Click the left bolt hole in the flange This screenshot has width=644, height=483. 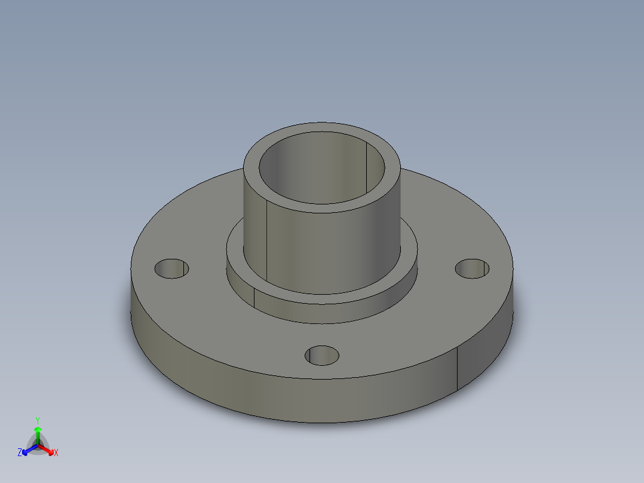[x=171, y=268]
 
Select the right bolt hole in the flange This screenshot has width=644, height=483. [x=472, y=268]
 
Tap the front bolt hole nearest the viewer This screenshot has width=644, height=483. [x=322, y=356]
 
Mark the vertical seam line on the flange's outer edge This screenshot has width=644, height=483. [x=458, y=368]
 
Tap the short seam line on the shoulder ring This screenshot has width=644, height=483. [x=254, y=297]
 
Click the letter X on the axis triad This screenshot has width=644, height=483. [x=56, y=453]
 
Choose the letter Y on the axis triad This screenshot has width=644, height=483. [x=37, y=420]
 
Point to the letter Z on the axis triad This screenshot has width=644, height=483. [x=20, y=453]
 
